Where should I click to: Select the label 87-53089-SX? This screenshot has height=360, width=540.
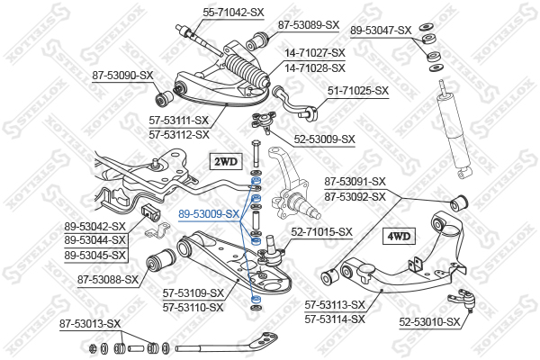(308, 24)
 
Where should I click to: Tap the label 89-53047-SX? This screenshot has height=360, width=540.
(380, 30)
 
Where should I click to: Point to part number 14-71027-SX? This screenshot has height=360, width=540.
(315, 54)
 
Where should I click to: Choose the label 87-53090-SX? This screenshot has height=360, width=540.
(122, 76)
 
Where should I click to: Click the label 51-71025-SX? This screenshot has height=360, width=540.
(357, 90)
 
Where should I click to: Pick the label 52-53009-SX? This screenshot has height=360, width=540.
(325, 139)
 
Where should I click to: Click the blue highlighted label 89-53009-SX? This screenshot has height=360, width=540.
(209, 214)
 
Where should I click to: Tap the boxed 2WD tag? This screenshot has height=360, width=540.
(225, 162)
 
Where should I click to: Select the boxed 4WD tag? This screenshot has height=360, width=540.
(399, 237)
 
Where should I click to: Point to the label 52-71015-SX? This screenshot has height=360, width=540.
(321, 231)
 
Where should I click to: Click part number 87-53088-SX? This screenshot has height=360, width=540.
(108, 279)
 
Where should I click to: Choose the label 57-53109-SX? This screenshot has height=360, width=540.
(193, 293)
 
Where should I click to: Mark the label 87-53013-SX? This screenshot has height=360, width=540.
(90, 323)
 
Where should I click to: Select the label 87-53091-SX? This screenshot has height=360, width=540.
(355, 181)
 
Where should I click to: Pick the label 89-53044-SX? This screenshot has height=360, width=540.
(96, 241)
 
